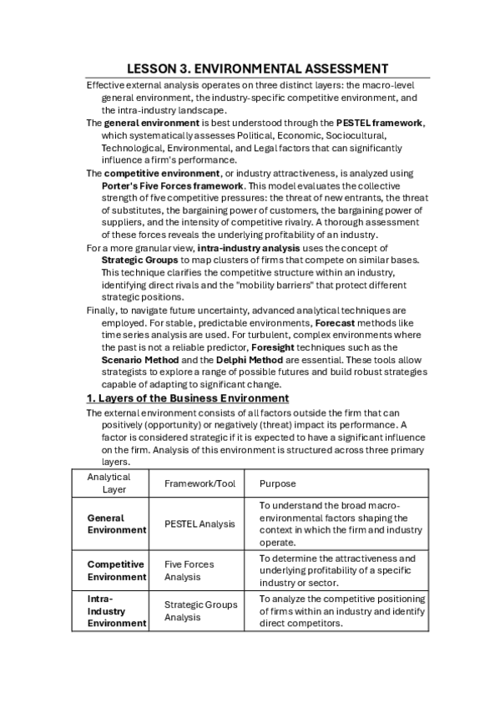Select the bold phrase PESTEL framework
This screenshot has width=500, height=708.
point(380,123)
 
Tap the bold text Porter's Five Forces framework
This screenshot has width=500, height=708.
point(173,185)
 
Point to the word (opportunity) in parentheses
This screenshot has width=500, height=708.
point(168,424)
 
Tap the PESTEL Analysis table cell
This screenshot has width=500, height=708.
point(199,523)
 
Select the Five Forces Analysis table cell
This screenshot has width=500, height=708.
point(189,570)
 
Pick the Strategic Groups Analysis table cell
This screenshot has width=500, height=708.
point(200,610)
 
